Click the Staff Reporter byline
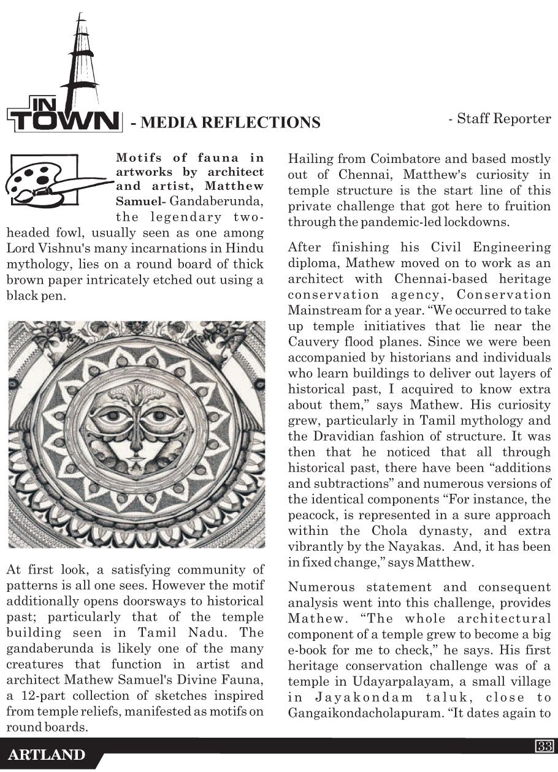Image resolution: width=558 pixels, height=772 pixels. point(500,119)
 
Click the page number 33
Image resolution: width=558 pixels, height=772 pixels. point(545,746)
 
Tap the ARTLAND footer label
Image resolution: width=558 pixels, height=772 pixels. point(47,755)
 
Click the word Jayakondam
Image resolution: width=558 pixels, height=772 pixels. point(367,697)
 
